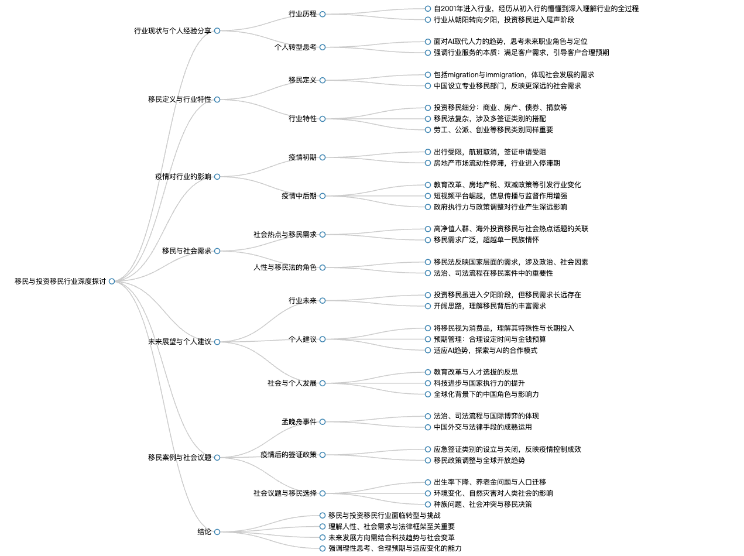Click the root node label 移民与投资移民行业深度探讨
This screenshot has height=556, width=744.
(x=60, y=281)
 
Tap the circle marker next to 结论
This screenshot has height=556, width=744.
(x=217, y=532)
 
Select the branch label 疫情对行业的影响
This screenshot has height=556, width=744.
(x=183, y=177)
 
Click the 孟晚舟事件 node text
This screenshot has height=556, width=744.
(x=299, y=422)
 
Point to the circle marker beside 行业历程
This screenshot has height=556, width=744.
(x=323, y=14)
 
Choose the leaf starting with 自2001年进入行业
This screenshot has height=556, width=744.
(x=536, y=9)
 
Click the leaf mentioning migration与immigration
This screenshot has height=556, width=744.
(x=514, y=75)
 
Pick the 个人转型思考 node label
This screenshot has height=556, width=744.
(x=296, y=47)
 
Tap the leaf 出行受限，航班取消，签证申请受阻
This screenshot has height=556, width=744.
(x=490, y=152)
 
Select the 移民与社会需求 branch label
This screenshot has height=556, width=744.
(x=186, y=251)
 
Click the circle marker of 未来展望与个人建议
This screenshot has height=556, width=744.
(x=217, y=342)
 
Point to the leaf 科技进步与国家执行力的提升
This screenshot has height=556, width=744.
(x=479, y=383)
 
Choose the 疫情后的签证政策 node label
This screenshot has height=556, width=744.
(x=289, y=455)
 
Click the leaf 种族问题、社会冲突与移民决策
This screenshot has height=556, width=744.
(x=483, y=504)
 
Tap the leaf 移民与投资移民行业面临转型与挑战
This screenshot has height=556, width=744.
(x=385, y=516)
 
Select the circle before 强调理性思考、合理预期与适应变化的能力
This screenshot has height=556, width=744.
(x=323, y=548)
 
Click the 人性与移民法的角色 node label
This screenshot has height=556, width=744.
(x=285, y=267)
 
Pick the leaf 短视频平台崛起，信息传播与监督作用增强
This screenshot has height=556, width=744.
(x=500, y=196)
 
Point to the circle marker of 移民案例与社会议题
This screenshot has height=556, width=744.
(x=217, y=458)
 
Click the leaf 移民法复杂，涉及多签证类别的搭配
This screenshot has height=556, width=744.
(x=490, y=119)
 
